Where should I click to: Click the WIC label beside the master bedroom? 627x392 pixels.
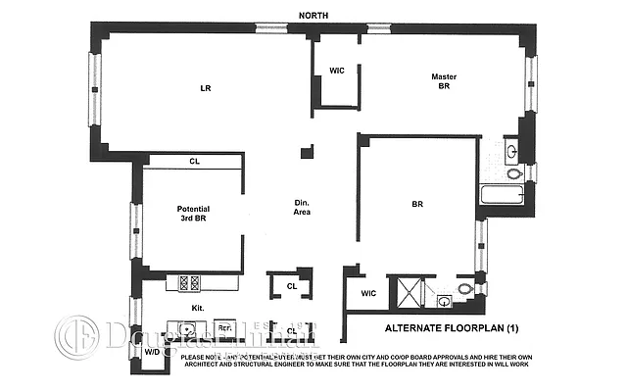pyautogui.click(x=336, y=71)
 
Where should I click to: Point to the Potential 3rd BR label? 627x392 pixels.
pyautogui.click(x=193, y=215)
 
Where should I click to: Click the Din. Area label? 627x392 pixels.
pyautogui.click(x=303, y=208)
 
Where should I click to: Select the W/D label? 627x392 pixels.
pyautogui.click(x=152, y=352)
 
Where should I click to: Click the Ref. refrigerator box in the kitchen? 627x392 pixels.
pyautogui.click(x=223, y=328)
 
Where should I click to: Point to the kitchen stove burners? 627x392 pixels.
pyautogui.click(x=188, y=282)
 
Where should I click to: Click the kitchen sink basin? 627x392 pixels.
pyautogui.click(x=183, y=328)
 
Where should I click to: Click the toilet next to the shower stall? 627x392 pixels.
pyautogui.click(x=463, y=289)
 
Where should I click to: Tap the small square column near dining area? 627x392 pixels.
pyautogui.click(x=307, y=153)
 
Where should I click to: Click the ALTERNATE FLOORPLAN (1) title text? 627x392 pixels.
pyautogui.click(x=452, y=326)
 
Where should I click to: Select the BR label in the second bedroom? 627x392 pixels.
pyautogui.click(x=417, y=206)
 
